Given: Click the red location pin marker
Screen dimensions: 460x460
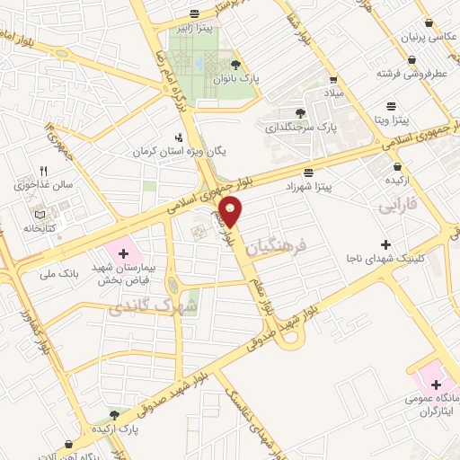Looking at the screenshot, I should pyautogui.click(x=232, y=210).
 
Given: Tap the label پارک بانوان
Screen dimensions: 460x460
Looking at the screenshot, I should pyautogui.click(x=235, y=78).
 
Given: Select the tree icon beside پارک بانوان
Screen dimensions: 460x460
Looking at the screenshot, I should pyautogui.click(x=235, y=64).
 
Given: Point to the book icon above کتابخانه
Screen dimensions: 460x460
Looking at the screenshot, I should pyautogui.click(x=39, y=214).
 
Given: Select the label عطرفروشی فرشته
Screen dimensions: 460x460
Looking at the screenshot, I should pyautogui.click(x=411, y=73).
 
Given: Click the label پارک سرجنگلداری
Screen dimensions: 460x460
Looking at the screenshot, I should pyautogui.click(x=300, y=128).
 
